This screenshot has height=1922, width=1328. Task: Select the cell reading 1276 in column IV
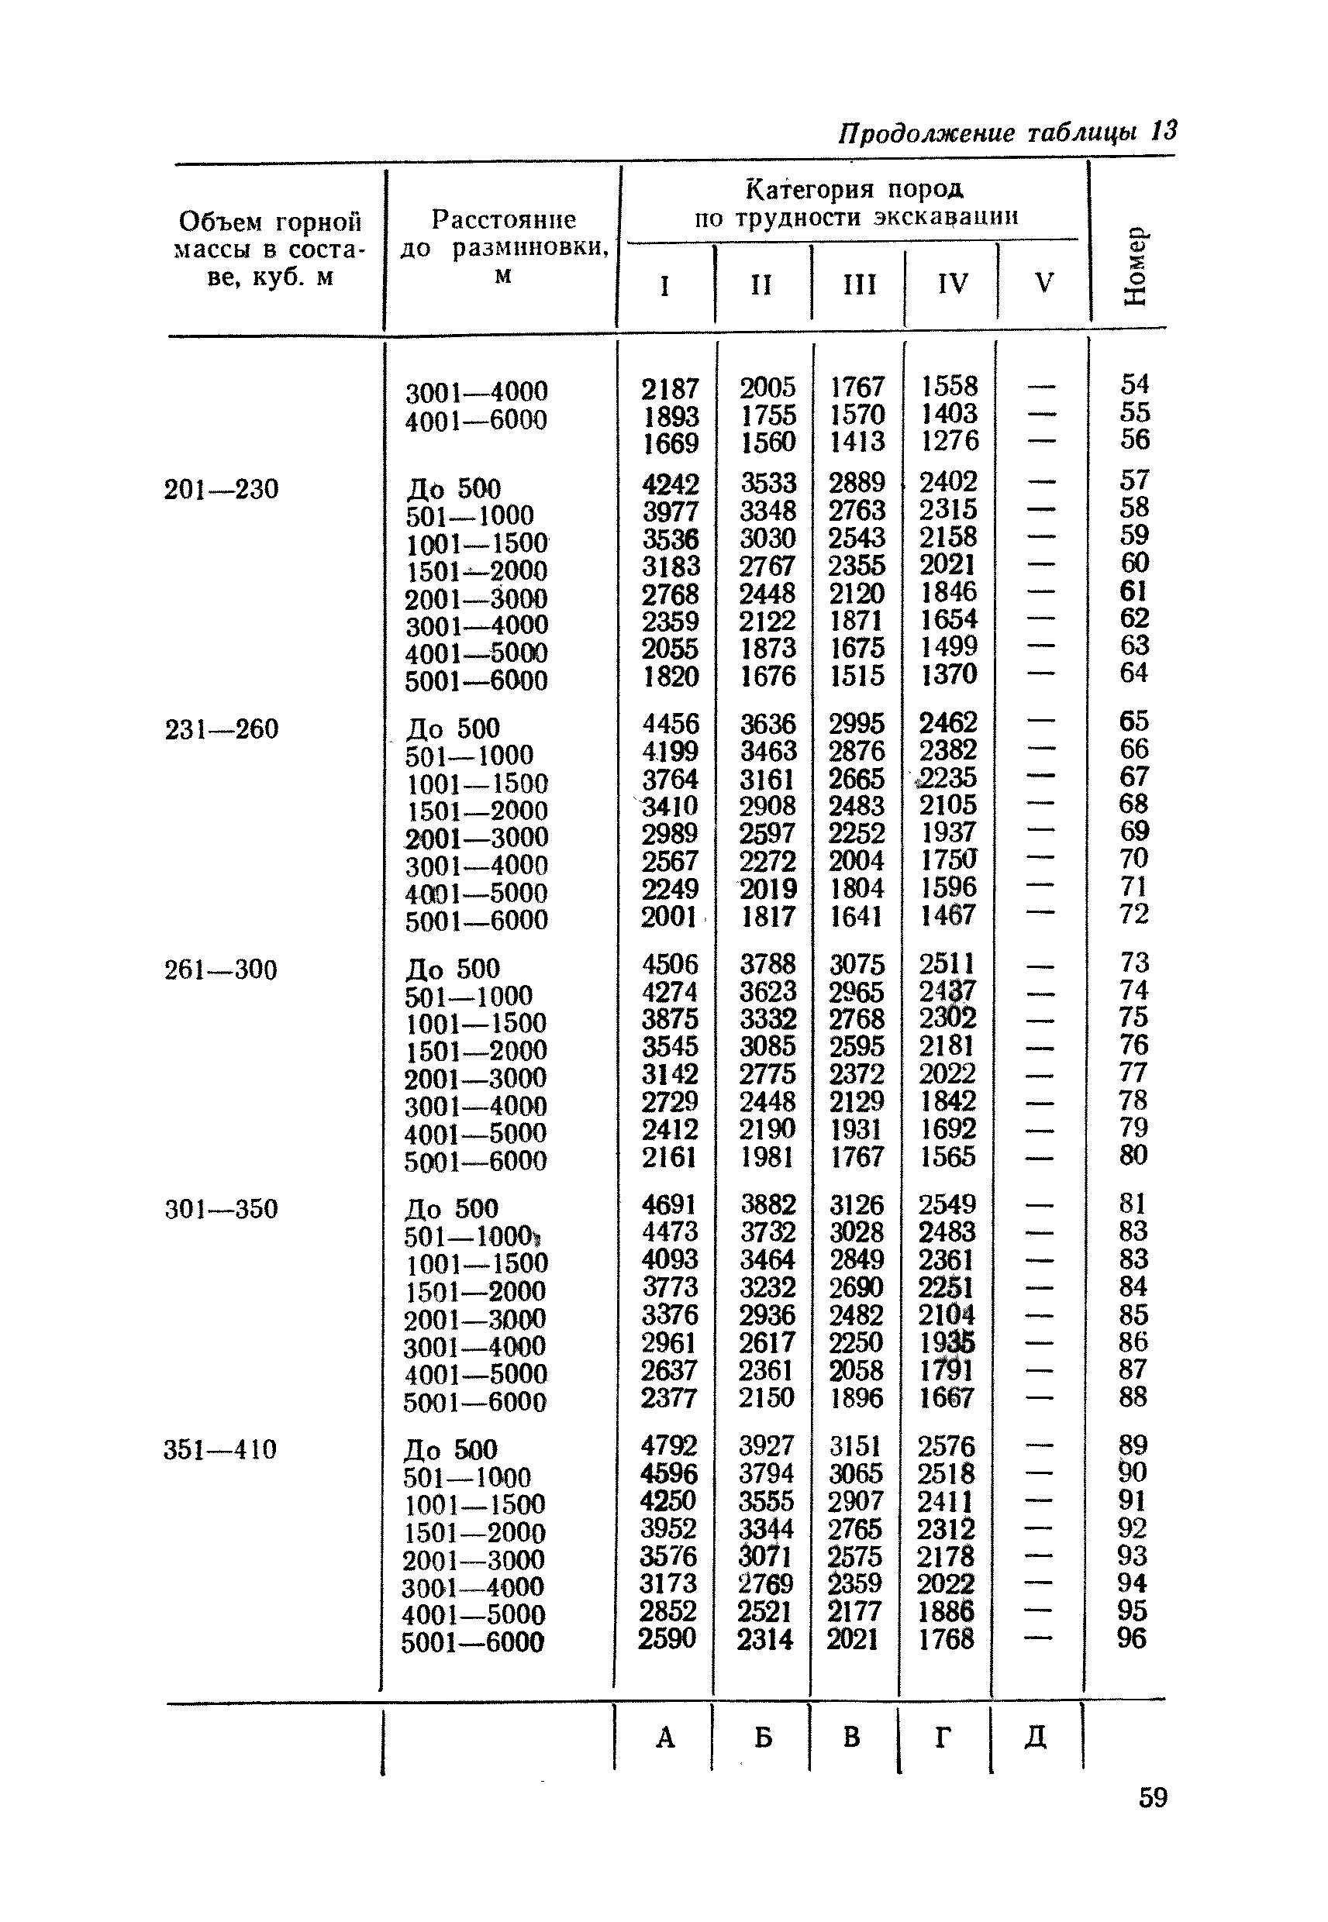click(950, 440)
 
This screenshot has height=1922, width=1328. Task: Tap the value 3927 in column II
click(767, 1445)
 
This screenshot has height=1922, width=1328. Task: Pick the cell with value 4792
click(668, 1445)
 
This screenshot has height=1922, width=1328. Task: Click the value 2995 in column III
click(856, 724)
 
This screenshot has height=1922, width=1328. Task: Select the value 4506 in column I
click(670, 965)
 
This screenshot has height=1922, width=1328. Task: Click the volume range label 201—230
click(222, 489)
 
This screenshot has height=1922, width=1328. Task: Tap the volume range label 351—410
click(220, 1449)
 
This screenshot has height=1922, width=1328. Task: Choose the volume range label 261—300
click(222, 970)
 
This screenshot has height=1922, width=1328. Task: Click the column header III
click(859, 285)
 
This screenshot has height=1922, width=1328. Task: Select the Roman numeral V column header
click(1044, 284)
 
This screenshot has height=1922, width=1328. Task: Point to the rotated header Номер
click(1135, 265)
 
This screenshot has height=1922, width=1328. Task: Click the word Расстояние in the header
click(503, 219)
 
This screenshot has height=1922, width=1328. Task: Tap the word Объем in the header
click(218, 222)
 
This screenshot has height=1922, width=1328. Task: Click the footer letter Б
click(763, 1737)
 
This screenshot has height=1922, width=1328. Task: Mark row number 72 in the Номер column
click(1134, 914)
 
